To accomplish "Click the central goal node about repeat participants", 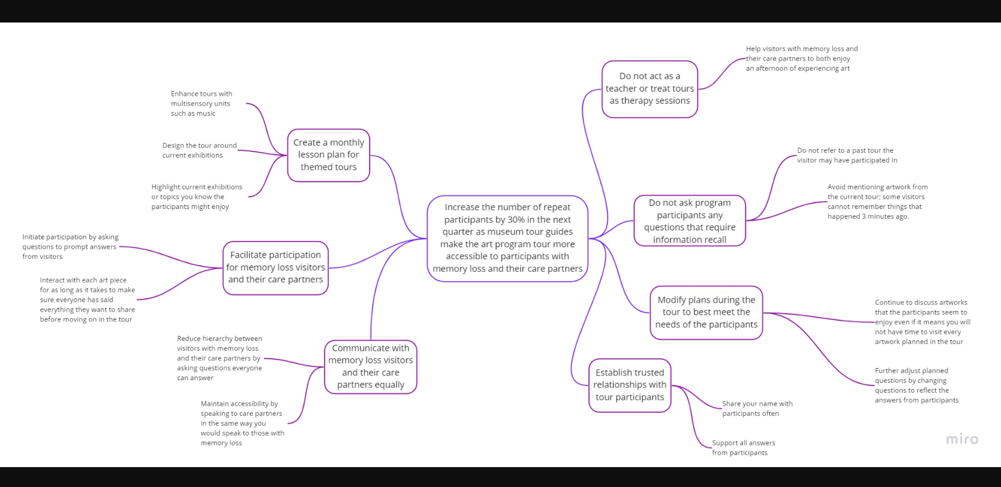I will (x=507, y=238).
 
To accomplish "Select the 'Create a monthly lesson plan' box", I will (x=328, y=155).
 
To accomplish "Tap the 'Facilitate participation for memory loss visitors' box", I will (x=275, y=268).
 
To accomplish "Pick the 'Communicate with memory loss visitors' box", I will (x=370, y=367).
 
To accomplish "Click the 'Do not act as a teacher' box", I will (x=650, y=88).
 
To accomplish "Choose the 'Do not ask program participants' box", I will (x=689, y=221).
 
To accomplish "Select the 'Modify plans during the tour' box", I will (x=706, y=312).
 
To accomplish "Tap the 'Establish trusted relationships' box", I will (x=630, y=385).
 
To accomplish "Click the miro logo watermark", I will (x=962, y=439).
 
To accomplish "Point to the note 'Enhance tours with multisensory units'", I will (x=202, y=103).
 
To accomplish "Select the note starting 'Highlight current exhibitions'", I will (x=196, y=197).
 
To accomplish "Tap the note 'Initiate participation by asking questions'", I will (x=70, y=247).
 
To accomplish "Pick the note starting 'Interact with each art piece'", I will (x=87, y=300).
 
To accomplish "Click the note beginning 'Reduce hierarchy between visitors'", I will (x=219, y=358).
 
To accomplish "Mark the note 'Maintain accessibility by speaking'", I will (x=242, y=423).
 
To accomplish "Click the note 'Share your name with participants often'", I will (x=757, y=408).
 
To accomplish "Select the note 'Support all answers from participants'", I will (x=743, y=448).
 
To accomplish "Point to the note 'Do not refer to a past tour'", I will (x=847, y=156).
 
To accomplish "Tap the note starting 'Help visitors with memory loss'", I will (x=802, y=59).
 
